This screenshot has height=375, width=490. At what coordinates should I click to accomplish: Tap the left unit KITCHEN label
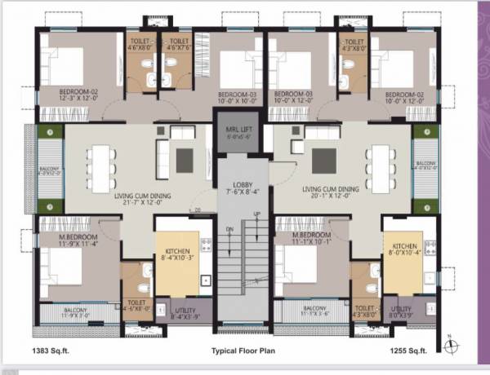point(178,252)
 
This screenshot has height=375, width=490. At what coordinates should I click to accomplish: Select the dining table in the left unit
point(102,164)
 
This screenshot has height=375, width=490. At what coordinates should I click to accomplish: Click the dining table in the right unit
point(380,164)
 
